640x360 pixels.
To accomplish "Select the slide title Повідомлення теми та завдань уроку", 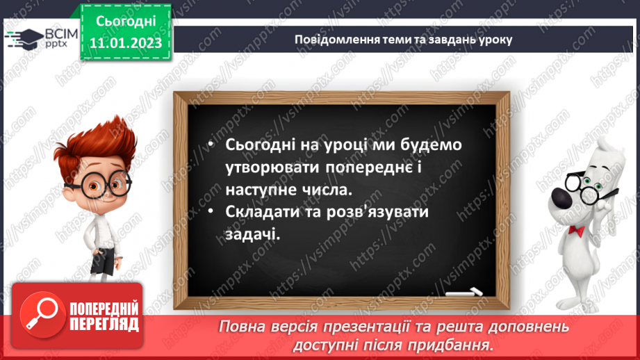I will [404, 40].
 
